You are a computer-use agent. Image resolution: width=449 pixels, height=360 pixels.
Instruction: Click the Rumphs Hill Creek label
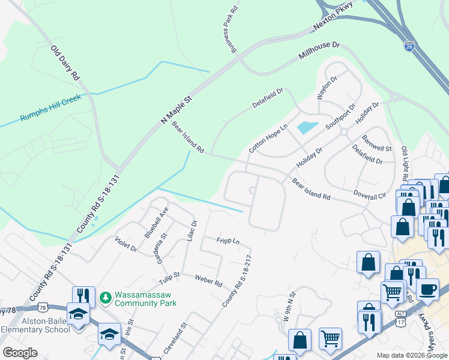[50, 109]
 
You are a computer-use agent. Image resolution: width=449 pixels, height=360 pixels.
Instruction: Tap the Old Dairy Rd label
[65, 63]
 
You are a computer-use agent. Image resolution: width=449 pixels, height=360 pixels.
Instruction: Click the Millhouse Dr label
[319, 52]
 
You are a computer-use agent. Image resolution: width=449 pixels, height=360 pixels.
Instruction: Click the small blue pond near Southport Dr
[307, 127]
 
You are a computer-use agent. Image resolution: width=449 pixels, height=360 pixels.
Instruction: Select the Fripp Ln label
[228, 241]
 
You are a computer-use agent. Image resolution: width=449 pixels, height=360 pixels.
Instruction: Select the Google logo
[20, 353]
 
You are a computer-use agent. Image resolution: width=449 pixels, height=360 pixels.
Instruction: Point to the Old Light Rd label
[405, 163]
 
